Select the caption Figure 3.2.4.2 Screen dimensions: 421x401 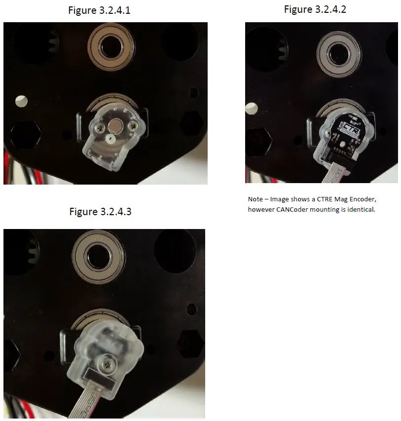tap(315, 9)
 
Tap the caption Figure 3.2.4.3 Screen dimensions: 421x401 tap(100, 212)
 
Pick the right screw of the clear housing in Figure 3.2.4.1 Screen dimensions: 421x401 tap(133, 127)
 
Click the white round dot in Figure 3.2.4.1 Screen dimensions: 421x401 tap(21, 101)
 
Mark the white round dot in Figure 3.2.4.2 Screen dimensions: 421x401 tap(250, 107)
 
